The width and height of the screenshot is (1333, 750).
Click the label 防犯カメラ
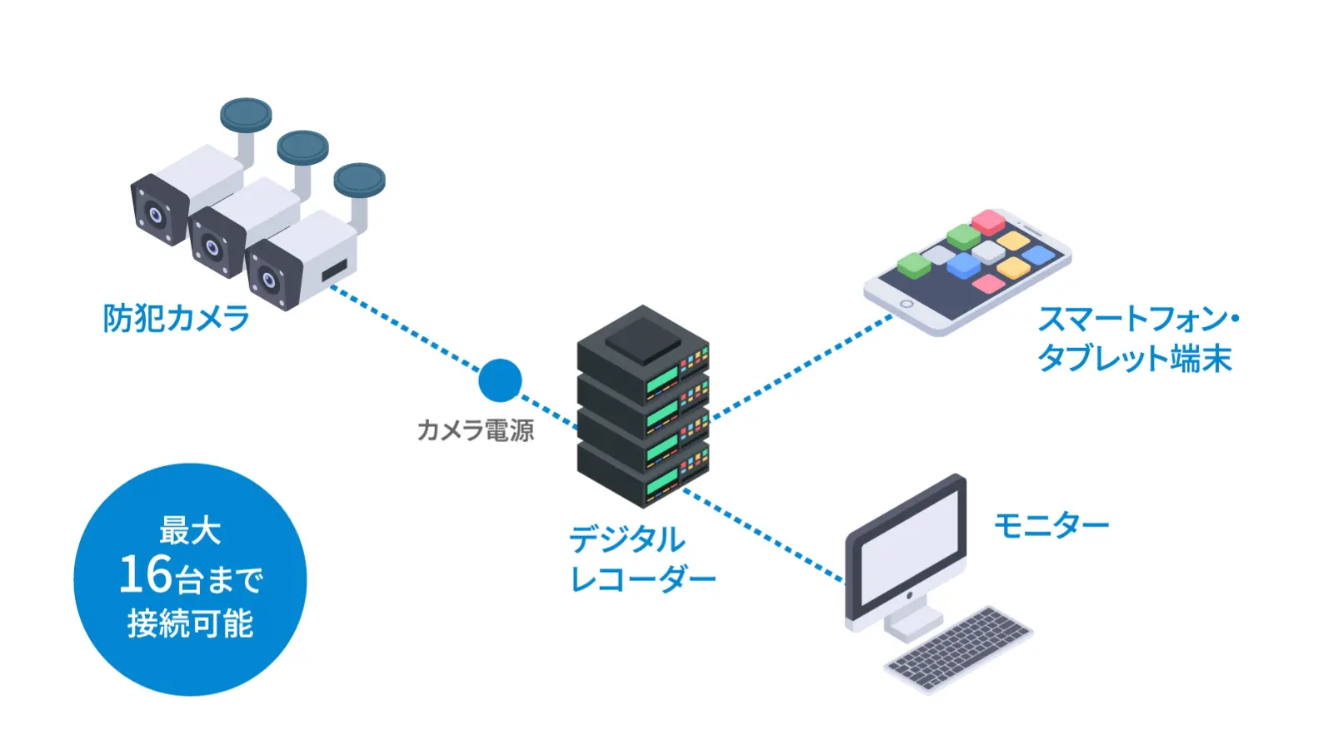[x=176, y=318]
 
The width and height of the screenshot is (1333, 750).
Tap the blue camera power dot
[x=500, y=380]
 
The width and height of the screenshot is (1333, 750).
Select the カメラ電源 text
[x=475, y=430]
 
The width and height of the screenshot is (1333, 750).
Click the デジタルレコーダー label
[x=641, y=559]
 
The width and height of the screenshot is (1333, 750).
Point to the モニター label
[x=1051, y=525]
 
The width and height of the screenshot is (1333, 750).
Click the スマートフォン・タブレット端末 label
[x=1136, y=339]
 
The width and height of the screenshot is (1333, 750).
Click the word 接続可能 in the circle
[x=190, y=623]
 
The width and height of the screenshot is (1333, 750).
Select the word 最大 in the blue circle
[x=190, y=530]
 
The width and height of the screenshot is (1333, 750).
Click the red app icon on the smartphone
[x=989, y=221]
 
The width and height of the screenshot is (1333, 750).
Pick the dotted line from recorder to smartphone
[x=800, y=365]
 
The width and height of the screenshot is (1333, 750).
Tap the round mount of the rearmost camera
[x=246, y=115]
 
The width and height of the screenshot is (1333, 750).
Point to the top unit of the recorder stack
[x=642, y=350]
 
